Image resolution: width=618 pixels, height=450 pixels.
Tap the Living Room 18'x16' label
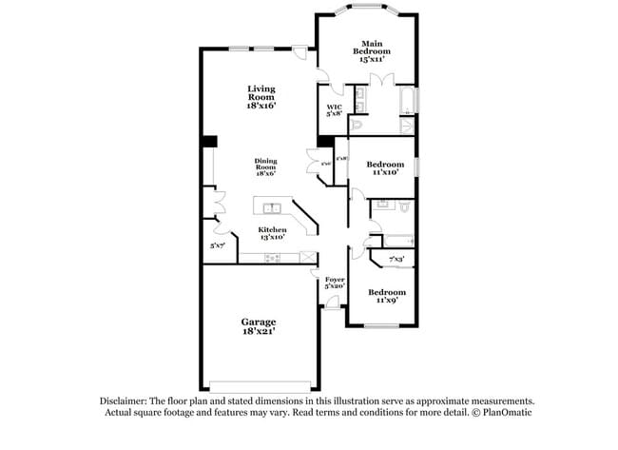[261, 97]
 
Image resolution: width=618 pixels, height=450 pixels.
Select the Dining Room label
[265, 167]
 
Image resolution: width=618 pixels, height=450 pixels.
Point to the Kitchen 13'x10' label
[272, 234]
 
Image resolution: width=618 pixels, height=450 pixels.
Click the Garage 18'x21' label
[260, 328]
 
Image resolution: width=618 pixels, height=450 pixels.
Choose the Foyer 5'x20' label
[335, 283]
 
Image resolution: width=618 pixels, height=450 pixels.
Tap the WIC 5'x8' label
[335, 110]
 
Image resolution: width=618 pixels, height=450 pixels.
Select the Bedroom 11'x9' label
[387, 296]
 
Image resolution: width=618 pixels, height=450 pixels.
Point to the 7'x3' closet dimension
[396, 259]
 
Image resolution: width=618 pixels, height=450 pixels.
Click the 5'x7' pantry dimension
[219, 245]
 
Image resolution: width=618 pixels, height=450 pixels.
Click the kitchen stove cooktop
[273, 257]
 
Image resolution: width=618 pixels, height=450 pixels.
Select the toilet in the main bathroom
[357, 124]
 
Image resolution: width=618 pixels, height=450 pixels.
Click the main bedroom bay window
[365, 10]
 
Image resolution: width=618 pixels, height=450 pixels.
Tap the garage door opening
[259, 385]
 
